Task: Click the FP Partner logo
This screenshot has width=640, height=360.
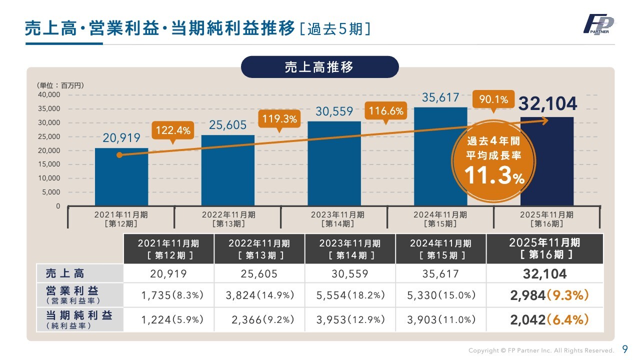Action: tap(599, 24)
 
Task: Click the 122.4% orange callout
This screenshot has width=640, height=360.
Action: tap(173, 130)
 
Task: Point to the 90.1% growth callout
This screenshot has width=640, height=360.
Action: tap(493, 100)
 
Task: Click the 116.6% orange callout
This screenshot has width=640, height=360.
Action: tap(385, 110)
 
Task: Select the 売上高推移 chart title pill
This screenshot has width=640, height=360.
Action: tap(319, 67)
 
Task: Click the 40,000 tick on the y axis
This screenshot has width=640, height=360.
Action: tap(49, 94)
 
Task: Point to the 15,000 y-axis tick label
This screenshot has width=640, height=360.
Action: tap(49, 164)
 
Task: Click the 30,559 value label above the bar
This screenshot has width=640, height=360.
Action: tap(334, 112)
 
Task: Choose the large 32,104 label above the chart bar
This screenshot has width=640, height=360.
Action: tap(547, 104)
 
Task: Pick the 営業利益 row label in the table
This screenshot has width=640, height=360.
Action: tap(72, 294)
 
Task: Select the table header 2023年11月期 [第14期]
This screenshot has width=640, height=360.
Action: tap(350, 248)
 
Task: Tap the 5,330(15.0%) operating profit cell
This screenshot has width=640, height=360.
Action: tap(441, 295)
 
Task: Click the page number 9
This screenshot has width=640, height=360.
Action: tap(625, 349)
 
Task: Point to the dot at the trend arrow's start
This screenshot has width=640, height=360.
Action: tap(119, 155)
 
